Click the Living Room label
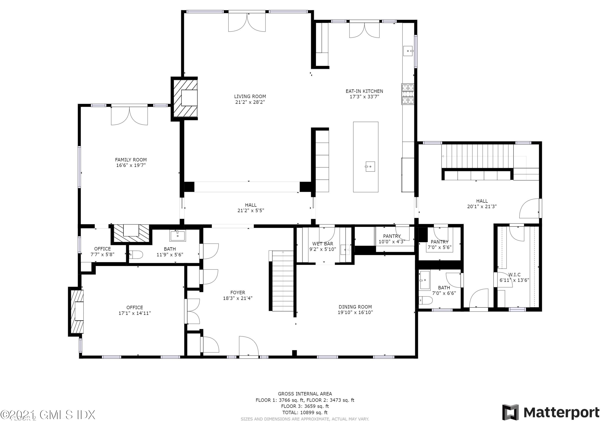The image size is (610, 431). (250, 96)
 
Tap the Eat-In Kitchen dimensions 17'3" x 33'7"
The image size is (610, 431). (364, 97)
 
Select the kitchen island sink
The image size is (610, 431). (370, 166)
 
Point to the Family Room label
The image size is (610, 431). (131, 160)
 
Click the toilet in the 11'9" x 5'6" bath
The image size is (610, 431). (136, 255)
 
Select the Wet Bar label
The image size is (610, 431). (322, 243)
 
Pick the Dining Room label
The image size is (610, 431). (355, 307)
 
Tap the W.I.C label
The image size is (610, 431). (514, 275)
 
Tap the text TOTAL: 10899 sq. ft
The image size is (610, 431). (305, 413)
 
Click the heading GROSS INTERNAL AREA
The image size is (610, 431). (305, 394)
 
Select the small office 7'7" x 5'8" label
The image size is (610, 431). (102, 252)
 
